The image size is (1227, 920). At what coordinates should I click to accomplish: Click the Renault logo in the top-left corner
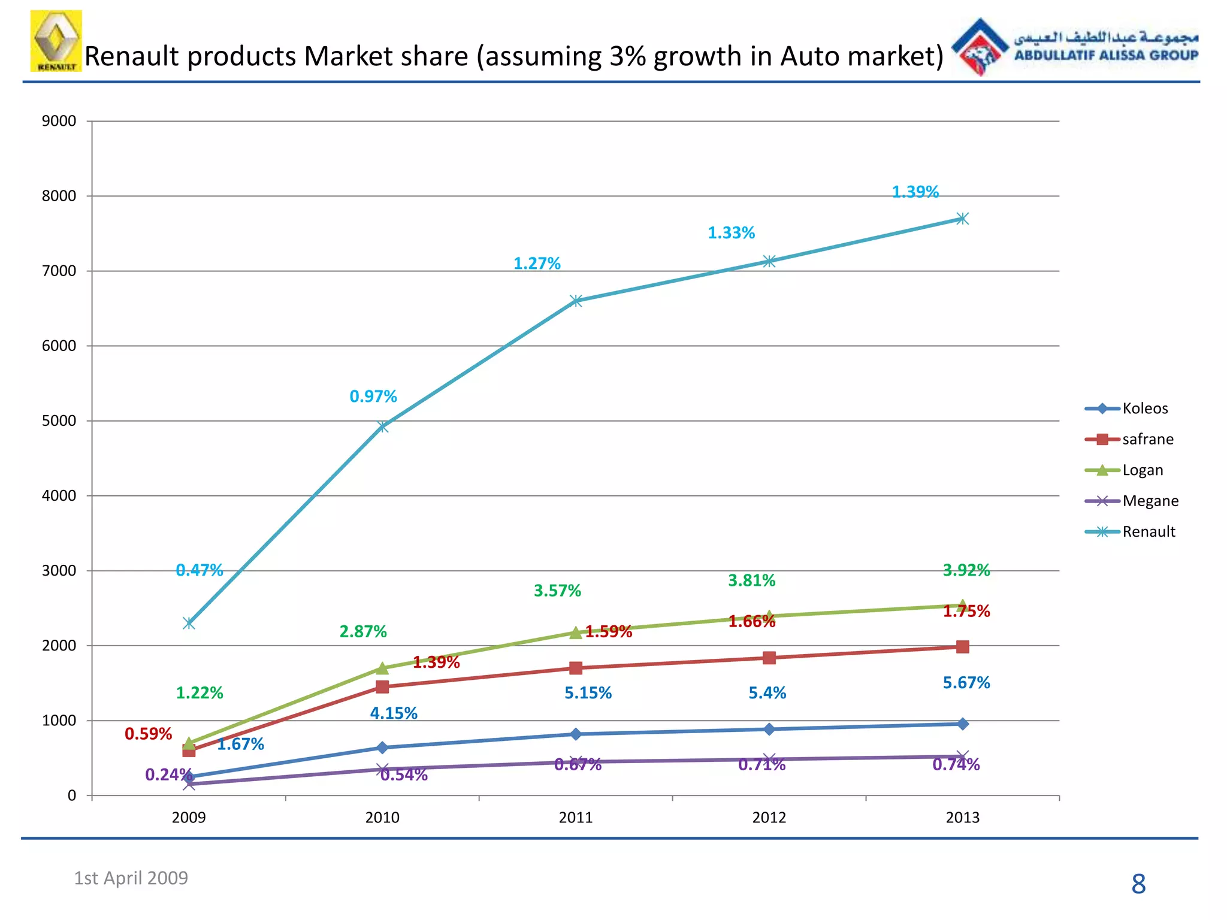[x=56, y=41]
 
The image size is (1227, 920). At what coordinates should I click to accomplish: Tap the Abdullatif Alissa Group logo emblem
[x=979, y=47]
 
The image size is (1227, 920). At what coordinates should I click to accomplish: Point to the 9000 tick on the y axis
[x=59, y=121]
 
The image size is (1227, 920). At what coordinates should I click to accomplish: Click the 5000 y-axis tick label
[x=59, y=420]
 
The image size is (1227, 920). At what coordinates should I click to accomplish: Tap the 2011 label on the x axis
[x=575, y=818]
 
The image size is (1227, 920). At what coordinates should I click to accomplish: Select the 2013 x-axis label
[x=962, y=818]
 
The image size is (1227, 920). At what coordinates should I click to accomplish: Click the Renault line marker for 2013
[x=962, y=219]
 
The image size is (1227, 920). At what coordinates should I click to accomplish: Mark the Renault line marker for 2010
[x=382, y=426]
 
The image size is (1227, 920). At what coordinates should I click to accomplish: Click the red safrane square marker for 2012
[x=769, y=658]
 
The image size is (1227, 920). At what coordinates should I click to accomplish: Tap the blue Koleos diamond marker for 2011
[x=576, y=734]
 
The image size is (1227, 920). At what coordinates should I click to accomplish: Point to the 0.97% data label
[x=373, y=397]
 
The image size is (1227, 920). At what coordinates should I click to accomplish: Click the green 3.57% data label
[x=557, y=591]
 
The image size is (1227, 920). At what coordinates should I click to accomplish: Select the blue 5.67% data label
[x=966, y=683]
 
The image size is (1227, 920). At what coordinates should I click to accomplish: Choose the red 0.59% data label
[x=148, y=734]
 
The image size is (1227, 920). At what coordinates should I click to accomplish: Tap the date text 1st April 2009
[x=131, y=878]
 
